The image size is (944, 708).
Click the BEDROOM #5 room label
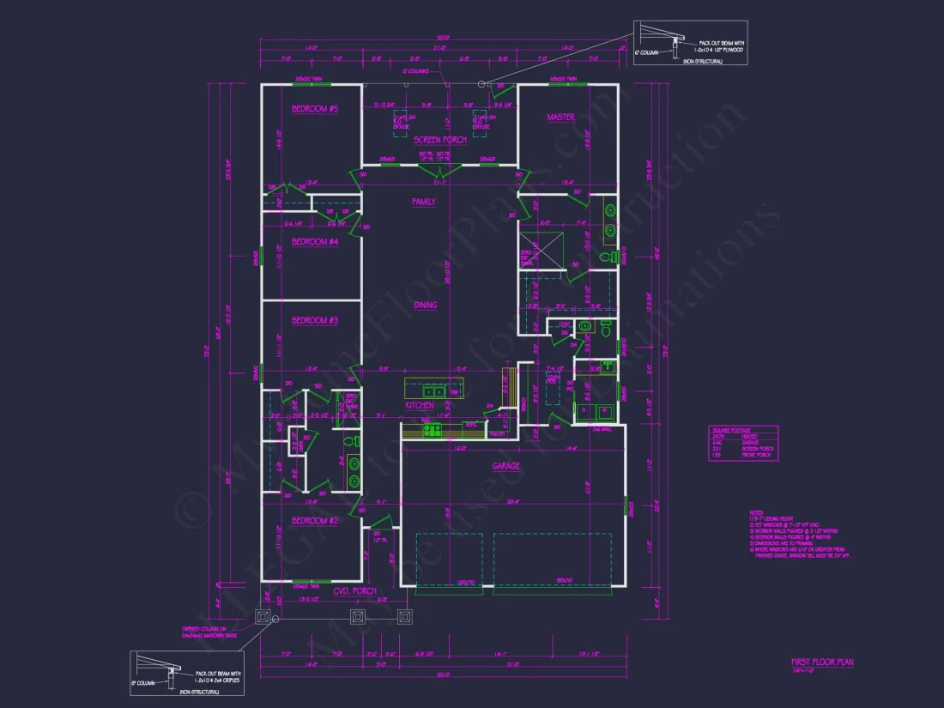(x=315, y=109)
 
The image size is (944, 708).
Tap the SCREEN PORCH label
(x=440, y=140)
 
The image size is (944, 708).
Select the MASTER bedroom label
(x=560, y=118)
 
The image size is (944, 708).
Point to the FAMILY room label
(x=423, y=203)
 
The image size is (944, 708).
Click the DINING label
(x=426, y=305)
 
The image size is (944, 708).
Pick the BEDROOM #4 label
(x=315, y=242)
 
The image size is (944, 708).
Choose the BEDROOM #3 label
(x=315, y=321)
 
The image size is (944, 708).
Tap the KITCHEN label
(x=420, y=405)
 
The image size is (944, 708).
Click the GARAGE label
(x=505, y=466)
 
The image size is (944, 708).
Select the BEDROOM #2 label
(x=315, y=521)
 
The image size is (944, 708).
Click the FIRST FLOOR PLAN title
(x=822, y=663)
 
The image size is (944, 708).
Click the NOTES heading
(x=754, y=513)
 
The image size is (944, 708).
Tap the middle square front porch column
(x=357, y=616)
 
